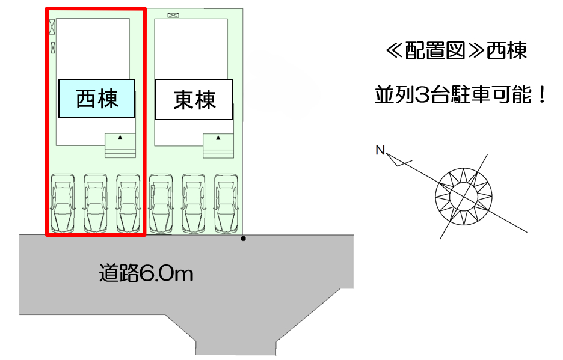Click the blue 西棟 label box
tap(97, 99)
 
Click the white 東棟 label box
tap(194, 99)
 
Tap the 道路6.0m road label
tap(146, 273)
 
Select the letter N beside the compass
tap(380, 150)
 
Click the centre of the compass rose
tap(464, 197)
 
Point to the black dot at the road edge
tap(243, 239)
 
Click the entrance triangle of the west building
tap(120, 137)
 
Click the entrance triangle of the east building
tap(218, 138)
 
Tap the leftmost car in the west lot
tap(63, 203)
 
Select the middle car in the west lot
tap(96, 203)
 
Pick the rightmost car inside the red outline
tap(128, 203)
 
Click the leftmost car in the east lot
tap(161, 204)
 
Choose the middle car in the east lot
tap(194, 204)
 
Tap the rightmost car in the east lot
tap(226, 204)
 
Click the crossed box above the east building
tap(173, 16)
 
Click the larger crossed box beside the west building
tap(52, 27)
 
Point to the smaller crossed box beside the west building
tap(53, 47)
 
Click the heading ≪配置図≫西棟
tap(457, 50)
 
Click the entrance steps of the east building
tap(218, 146)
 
